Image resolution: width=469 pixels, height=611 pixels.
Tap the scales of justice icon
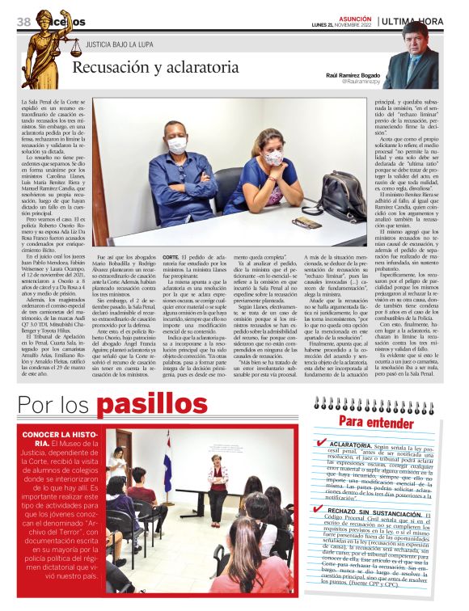[x=76, y=49]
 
